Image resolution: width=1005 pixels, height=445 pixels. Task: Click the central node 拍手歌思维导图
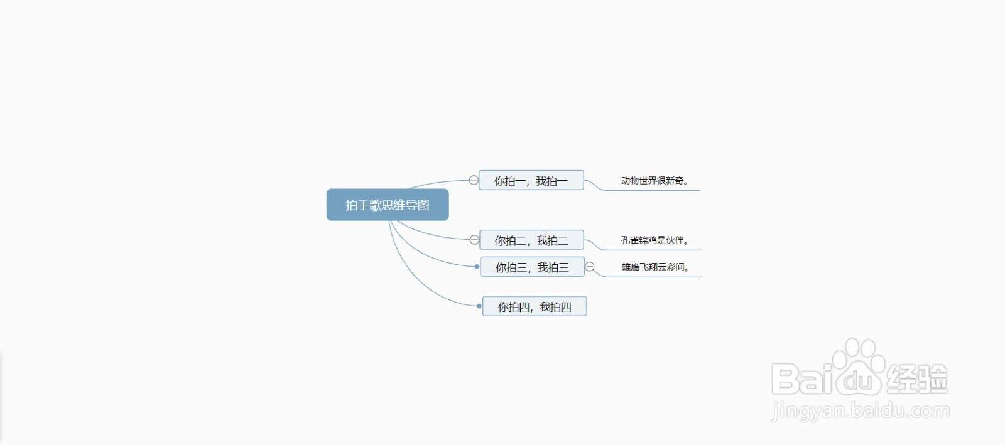(388, 205)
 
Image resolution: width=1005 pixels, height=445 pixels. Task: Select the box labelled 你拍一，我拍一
(531, 180)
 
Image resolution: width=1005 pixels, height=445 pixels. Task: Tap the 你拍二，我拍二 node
(531, 240)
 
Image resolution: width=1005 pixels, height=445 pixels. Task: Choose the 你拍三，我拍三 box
(532, 267)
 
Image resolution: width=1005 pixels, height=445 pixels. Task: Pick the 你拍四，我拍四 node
(535, 306)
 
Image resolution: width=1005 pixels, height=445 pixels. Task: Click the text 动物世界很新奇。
(655, 181)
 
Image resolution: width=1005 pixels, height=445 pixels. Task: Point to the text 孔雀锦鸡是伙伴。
(655, 240)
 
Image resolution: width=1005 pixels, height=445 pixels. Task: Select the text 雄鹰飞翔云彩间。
(655, 267)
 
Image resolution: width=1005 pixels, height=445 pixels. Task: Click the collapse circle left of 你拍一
(474, 180)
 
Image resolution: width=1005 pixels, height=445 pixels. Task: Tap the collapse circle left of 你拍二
(474, 240)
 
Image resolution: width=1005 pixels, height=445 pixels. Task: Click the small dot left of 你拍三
(477, 267)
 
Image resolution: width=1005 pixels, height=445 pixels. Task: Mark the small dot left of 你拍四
(479, 306)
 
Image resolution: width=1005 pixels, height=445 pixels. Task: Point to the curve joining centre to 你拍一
(437, 183)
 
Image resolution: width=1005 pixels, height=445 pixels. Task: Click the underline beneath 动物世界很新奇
(651, 190)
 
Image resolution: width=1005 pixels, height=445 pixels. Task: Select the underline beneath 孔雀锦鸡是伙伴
(651, 250)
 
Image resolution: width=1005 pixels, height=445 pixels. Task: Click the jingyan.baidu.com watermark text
(861, 411)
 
